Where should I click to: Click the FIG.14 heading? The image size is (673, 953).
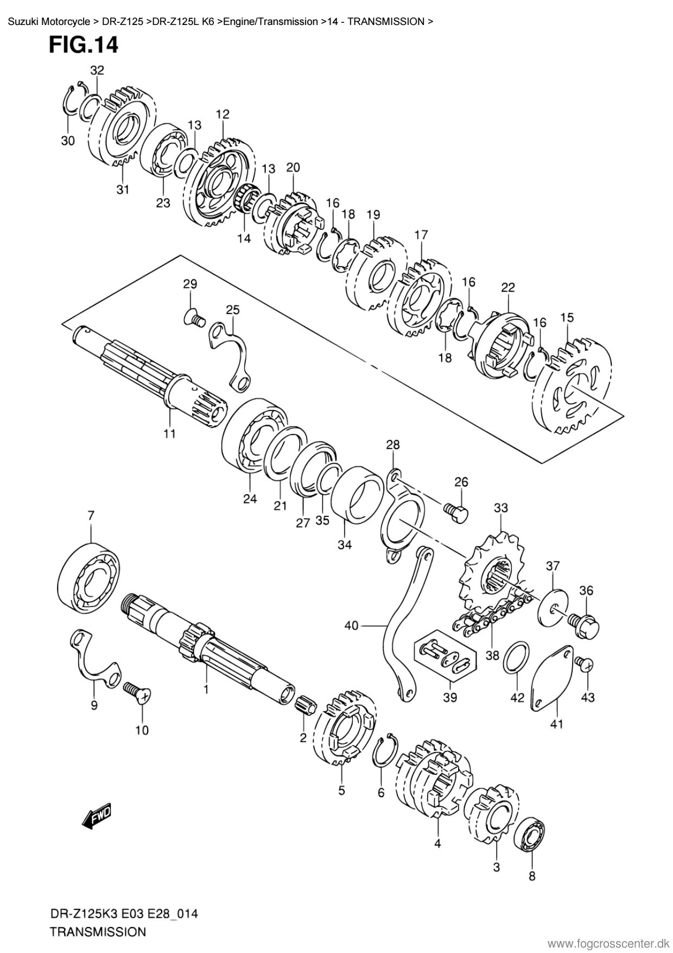[x=83, y=45]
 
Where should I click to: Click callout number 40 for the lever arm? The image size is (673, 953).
[x=351, y=626]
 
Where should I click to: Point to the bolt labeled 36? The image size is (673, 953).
[x=585, y=626]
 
